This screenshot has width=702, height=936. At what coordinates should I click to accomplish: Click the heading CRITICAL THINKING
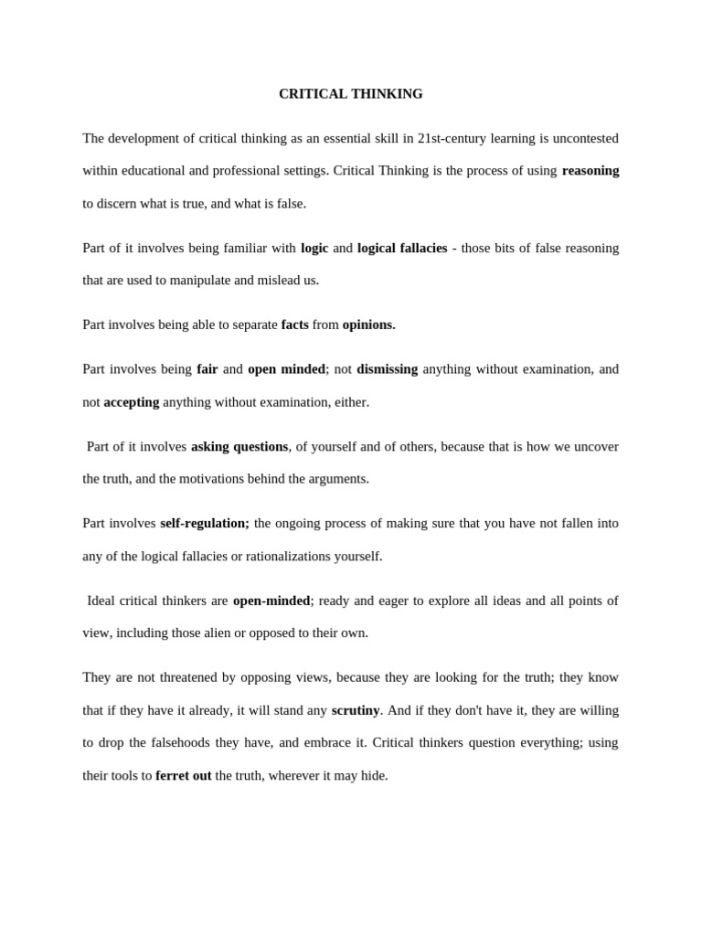[351, 94]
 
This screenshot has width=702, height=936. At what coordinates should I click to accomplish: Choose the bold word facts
[294, 324]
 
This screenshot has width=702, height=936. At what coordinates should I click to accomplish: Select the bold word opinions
[368, 324]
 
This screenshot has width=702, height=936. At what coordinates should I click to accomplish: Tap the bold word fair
[207, 369]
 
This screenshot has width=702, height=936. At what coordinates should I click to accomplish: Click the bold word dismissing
[387, 369]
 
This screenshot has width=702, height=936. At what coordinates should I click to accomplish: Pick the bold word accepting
[132, 402]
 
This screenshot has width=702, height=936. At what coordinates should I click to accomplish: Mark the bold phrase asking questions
[239, 447]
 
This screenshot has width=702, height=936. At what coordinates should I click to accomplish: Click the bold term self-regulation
[204, 524]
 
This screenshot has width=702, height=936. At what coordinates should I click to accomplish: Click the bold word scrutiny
[355, 710]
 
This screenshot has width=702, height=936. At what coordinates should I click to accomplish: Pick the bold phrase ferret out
[183, 776]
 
